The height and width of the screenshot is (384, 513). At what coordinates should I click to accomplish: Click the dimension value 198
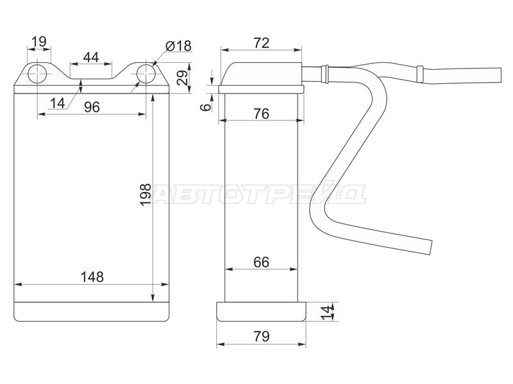[146, 195]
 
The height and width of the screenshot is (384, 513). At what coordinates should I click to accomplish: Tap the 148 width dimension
[92, 277]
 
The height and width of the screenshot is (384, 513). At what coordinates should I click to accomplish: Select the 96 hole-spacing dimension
[92, 107]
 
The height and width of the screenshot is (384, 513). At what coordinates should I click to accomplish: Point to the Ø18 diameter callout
[179, 46]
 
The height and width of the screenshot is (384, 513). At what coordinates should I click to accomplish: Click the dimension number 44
[91, 58]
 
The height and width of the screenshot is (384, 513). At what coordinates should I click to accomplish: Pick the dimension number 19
[39, 42]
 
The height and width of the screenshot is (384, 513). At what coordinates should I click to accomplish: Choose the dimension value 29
[183, 77]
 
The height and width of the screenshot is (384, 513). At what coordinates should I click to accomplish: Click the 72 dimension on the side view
[262, 43]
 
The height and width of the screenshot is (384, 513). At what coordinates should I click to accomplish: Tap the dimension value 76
[262, 114]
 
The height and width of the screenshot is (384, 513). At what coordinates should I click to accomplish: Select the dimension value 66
[262, 262]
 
